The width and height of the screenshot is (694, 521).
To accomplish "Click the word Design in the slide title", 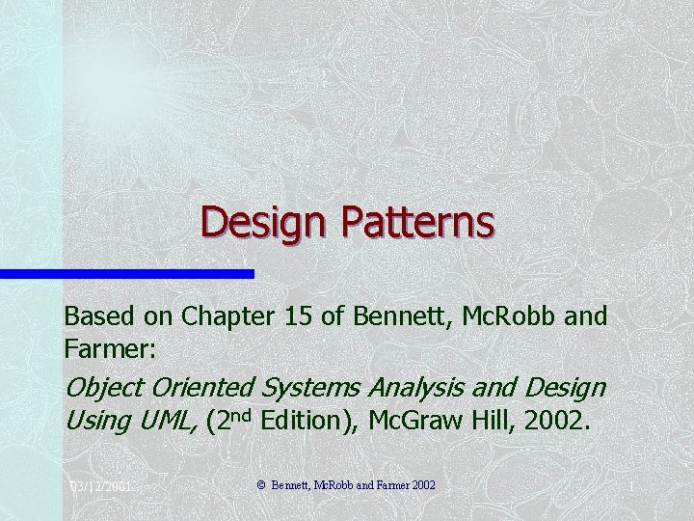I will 252,223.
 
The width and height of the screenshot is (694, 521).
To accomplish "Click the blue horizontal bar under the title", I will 126,274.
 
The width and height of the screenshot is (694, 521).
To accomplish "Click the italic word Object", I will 101,388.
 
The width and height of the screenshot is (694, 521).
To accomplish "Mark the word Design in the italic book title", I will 566,387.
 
